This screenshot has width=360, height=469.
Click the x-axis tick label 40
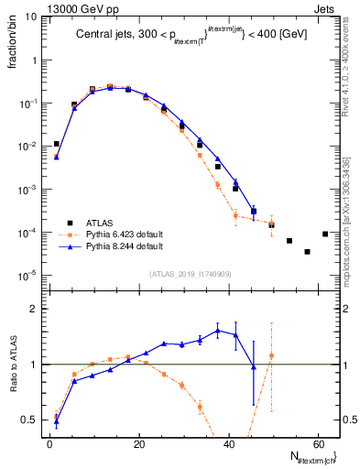(x=228, y=443)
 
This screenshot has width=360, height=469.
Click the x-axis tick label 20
(x=139, y=443)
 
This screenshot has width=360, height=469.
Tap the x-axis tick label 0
(x=50, y=443)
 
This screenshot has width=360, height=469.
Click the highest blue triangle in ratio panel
(x=218, y=331)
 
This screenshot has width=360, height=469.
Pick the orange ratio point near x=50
(x=271, y=355)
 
